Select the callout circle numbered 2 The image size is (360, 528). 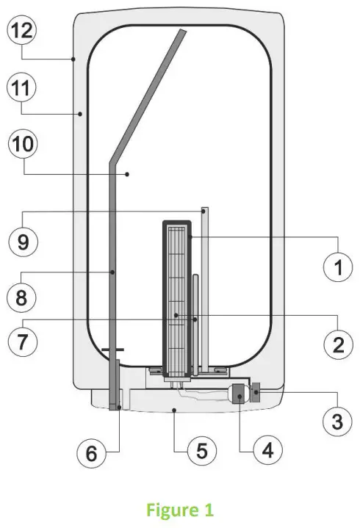338,344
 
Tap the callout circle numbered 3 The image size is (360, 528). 337,422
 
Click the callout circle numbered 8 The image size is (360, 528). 22,297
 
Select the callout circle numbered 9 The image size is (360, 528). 22,242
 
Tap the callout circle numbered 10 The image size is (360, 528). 22,145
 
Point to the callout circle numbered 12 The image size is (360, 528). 22,32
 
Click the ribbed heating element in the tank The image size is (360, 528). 176,294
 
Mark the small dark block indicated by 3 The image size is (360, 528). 256,394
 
